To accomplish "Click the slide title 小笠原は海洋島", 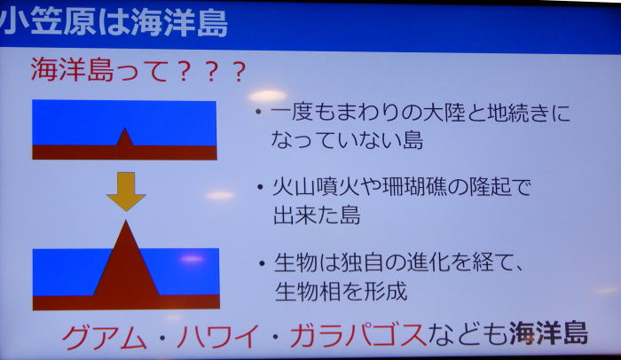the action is [x=114, y=23].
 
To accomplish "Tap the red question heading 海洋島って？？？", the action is [x=138, y=70].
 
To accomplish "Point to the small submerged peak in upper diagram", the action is [x=125, y=137].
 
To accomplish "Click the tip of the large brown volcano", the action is [x=126, y=221].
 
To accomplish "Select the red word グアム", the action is [x=104, y=336].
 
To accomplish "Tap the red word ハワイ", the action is [x=218, y=336].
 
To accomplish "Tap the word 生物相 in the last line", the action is [x=307, y=292].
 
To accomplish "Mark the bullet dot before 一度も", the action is [x=258, y=112].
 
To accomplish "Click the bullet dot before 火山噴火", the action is [x=260, y=186].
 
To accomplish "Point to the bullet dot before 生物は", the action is [x=262, y=262].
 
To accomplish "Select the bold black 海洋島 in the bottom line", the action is [x=548, y=333].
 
